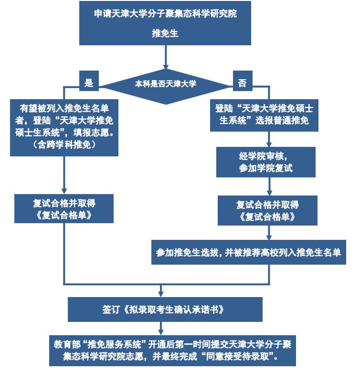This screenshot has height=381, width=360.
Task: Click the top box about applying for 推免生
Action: click(x=165, y=23)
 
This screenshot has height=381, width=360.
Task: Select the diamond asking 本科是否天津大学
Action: click(x=166, y=84)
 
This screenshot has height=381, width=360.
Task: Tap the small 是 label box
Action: click(x=89, y=82)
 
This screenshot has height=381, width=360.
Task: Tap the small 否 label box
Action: click(x=243, y=82)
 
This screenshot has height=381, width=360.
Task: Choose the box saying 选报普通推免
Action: click(x=264, y=115)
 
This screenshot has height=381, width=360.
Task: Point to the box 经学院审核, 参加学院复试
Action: click(x=265, y=162)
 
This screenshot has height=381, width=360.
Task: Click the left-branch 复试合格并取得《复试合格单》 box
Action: click(x=64, y=209)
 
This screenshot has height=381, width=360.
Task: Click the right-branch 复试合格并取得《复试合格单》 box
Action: click(x=267, y=211)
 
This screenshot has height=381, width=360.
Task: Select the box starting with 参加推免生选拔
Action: click(x=248, y=252)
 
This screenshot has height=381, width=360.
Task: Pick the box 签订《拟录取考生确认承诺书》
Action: click(x=165, y=309)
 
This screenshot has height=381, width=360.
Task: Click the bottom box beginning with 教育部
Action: click(x=172, y=350)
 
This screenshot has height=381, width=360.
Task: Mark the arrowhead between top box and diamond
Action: click(x=166, y=66)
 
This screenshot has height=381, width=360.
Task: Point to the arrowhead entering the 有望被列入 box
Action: click(x=64, y=96)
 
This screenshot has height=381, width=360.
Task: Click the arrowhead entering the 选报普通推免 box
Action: click(x=269, y=96)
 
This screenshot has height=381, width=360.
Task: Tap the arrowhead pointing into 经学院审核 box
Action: click(x=269, y=144)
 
